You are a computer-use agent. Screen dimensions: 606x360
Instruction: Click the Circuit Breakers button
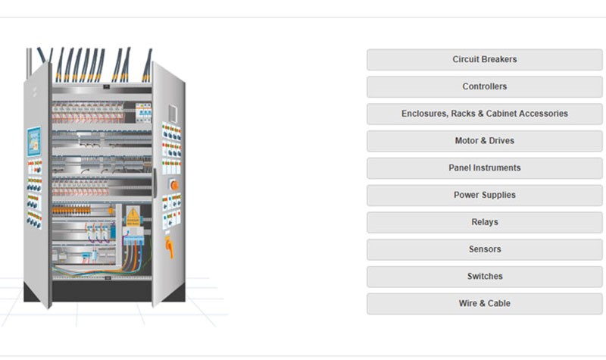click(484, 60)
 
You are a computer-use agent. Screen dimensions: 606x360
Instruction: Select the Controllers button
click(484, 86)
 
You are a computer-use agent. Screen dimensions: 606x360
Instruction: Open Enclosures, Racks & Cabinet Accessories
click(484, 114)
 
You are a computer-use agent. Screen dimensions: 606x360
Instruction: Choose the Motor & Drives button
click(484, 141)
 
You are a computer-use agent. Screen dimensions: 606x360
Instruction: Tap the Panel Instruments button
click(484, 167)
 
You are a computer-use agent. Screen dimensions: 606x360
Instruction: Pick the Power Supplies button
click(484, 195)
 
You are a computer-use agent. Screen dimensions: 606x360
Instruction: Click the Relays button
click(484, 222)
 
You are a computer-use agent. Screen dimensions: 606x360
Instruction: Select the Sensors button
click(484, 249)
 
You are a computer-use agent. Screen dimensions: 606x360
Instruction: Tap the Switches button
click(484, 276)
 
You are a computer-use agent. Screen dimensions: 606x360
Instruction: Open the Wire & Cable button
click(484, 303)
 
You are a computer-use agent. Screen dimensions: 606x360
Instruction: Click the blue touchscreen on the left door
click(34, 141)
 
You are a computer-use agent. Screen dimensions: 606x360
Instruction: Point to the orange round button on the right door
click(174, 185)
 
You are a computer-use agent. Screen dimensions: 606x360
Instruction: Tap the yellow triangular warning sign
click(133, 214)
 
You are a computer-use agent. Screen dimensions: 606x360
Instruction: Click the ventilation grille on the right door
click(173, 114)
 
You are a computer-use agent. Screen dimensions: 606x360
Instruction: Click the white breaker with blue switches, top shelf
click(143, 112)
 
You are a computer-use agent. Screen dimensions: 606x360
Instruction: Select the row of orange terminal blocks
click(71, 211)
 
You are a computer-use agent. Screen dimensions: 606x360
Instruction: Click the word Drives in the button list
click(501, 141)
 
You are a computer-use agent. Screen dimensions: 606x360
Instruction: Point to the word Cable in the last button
click(499, 303)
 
